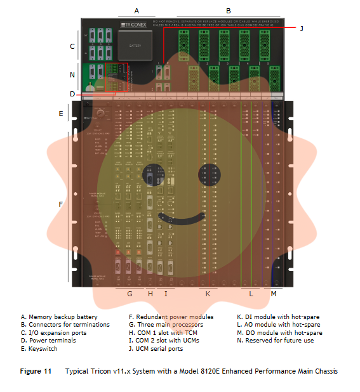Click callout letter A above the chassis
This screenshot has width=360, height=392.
pyautogui.click(x=136, y=10)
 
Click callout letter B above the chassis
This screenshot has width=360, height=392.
pyautogui.click(x=228, y=10)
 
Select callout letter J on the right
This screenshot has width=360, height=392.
pyautogui.click(x=301, y=29)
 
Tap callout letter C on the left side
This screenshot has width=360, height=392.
pyautogui.click(x=72, y=46)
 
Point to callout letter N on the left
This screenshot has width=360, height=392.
pyautogui.click(x=72, y=75)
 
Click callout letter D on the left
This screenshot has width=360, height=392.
pyautogui.click(x=72, y=95)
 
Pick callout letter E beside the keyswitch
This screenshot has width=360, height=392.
pyautogui.click(x=61, y=114)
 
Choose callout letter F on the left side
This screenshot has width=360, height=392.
pyautogui.click(x=61, y=204)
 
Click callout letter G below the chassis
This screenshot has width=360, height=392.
pyautogui.click(x=130, y=294)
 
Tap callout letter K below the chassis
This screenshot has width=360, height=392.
pyautogui.click(x=207, y=294)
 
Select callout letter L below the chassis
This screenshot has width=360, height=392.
pyautogui.click(x=251, y=294)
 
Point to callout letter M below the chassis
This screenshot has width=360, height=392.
pyautogui.click(x=274, y=294)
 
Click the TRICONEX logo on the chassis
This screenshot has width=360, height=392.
pyautogui.click(x=133, y=26)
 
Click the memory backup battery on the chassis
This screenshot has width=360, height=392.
pyautogui.click(x=135, y=46)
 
